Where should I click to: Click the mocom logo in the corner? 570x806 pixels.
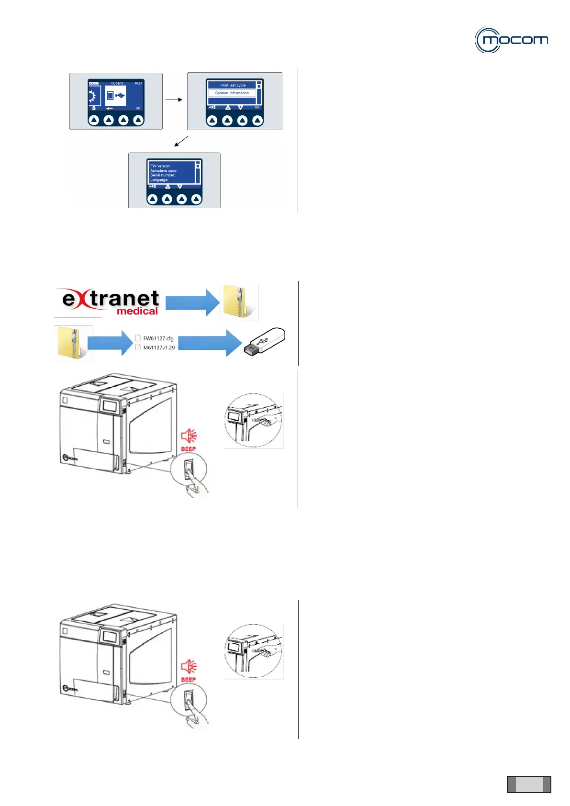(511, 40)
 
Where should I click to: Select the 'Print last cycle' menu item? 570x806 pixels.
(233, 85)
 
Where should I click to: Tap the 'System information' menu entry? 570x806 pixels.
(232, 93)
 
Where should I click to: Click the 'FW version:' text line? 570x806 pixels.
(160, 166)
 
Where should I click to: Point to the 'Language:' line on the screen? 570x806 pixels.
(159, 180)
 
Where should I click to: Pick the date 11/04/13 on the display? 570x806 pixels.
(117, 83)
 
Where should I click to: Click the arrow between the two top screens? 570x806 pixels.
(174, 100)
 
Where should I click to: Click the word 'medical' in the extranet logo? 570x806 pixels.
(137, 311)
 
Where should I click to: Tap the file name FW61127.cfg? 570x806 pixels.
(158, 338)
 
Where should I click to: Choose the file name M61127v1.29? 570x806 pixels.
(159, 347)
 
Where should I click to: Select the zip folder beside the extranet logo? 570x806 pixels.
(239, 302)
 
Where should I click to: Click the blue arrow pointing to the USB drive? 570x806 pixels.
(210, 343)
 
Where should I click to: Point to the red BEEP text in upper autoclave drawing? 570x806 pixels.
(188, 449)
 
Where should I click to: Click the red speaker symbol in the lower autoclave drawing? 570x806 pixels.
(189, 666)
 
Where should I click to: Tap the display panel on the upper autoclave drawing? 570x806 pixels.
(110, 406)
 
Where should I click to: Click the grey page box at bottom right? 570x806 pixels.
(529, 784)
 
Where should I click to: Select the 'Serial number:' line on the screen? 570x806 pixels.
(163, 175)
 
